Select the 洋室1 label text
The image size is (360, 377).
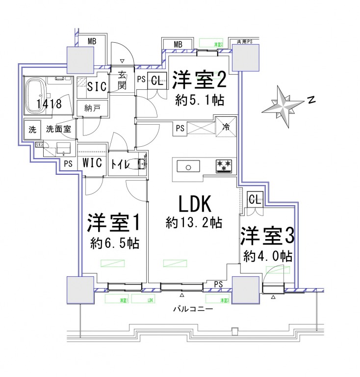click(114, 224)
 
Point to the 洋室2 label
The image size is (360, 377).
click(200, 79)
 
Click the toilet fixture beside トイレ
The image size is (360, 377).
click(141, 163)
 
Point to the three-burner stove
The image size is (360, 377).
click(224, 166)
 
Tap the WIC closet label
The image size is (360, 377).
click(92, 163)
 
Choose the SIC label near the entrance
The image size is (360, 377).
click(96, 86)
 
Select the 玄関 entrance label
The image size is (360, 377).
click(122, 81)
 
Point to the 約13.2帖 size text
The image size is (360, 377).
click(194, 223)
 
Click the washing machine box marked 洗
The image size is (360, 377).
click(32, 130)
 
